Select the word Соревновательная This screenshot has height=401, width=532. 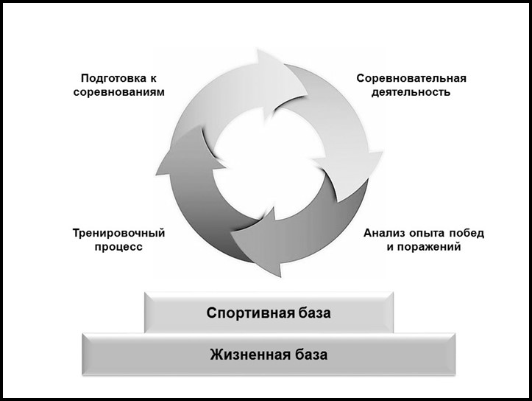click(x=411, y=78)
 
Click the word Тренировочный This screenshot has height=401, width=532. click(x=118, y=233)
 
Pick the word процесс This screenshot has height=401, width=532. click(x=118, y=248)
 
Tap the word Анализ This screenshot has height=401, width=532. click(x=385, y=233)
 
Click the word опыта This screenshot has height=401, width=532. click(x=428, y=233)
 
